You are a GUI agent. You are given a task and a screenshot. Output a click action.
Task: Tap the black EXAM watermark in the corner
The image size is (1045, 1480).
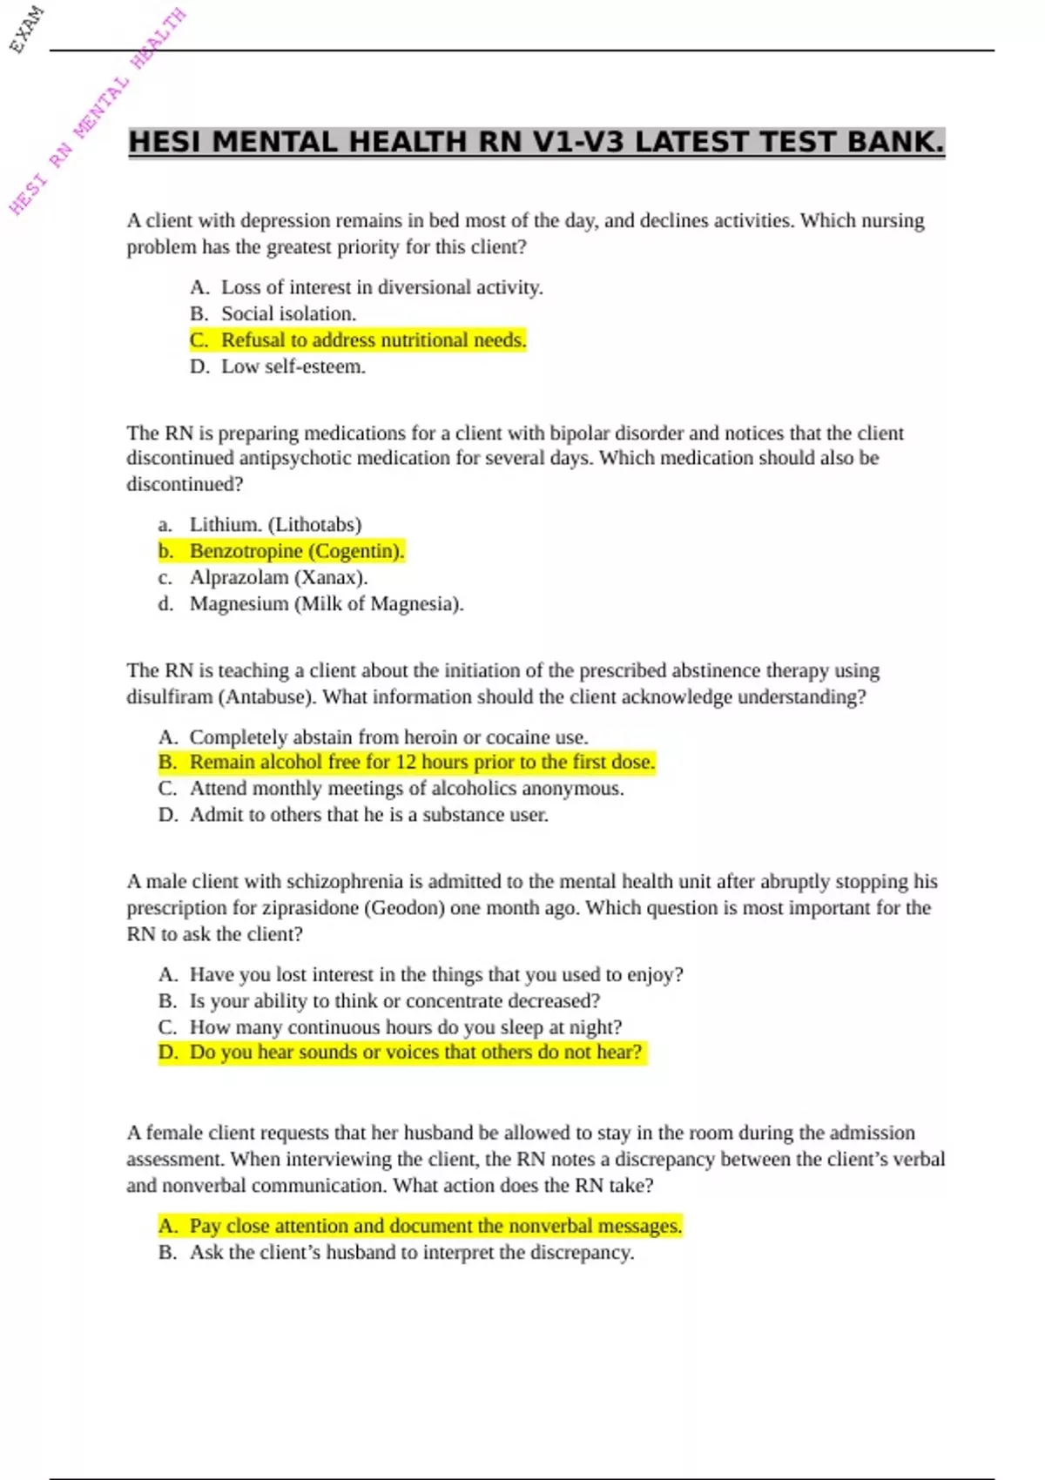click(x=26, y=29)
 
